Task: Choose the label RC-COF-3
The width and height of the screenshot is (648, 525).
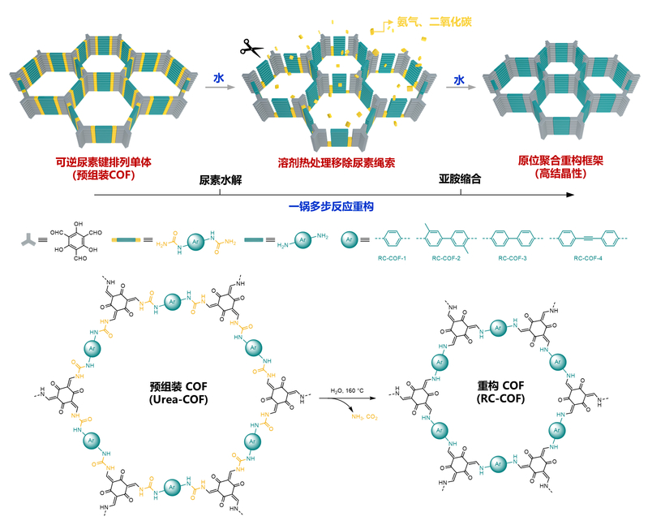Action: pyautogui.click(x=517, y=257)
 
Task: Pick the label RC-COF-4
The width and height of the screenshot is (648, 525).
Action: pyautogui.click(x=590, y=257)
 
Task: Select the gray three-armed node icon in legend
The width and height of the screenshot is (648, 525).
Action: pyautogui.click(x=29, y=240)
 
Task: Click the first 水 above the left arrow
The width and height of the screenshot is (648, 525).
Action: pyautogui.click(x=218, y=79)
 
